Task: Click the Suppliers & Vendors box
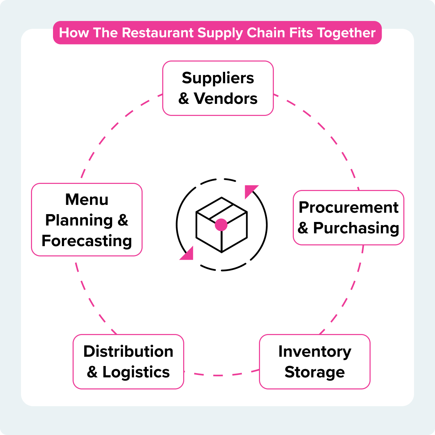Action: click(218, 88)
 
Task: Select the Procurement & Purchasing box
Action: click(348, 218)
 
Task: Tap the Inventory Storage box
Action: click(314, 361)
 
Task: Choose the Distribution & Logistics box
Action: click(128, 361)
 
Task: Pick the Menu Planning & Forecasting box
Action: click(87, 220)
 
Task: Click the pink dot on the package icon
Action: click(221, 225)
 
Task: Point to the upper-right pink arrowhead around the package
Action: click(250, 191)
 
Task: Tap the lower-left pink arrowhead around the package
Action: click(187, 254)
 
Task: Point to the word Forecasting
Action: click(87, 241)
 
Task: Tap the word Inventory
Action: click(314, 351)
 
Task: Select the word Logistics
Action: click(136, 372)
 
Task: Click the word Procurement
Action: click(348, 207)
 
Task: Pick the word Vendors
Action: click(226, 99)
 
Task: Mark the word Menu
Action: click(87, 200)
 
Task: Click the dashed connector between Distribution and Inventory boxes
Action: click(221, 375)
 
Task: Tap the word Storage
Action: click(314, 372)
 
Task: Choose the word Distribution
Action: click(128, 351)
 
